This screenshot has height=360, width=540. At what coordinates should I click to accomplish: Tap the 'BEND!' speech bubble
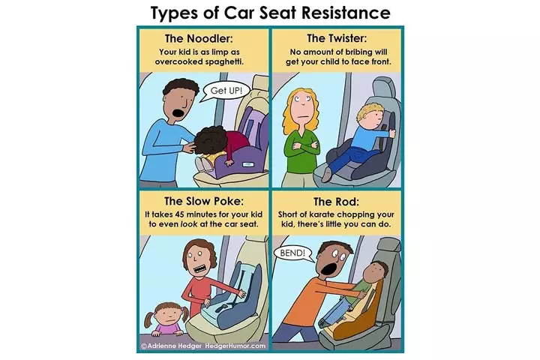point(293,254)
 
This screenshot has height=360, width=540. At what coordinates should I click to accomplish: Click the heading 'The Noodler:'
point(199,38)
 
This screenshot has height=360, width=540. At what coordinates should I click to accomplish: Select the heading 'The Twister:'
point(337,38)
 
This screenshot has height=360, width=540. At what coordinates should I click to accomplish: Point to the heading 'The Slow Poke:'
point(203,201)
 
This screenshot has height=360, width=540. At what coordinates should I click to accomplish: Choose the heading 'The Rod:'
point(336,201)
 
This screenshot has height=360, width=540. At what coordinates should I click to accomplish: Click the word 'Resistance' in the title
point(346,13)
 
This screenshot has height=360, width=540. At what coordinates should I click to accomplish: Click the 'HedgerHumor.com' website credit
point(235,346)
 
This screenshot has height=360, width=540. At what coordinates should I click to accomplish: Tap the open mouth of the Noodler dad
point(178,113)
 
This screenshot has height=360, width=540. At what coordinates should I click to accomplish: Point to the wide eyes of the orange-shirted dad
point(339,255)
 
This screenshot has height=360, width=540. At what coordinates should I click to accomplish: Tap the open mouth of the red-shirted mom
point(200,268)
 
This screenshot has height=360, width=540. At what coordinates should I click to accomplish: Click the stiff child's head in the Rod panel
point(376,272)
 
